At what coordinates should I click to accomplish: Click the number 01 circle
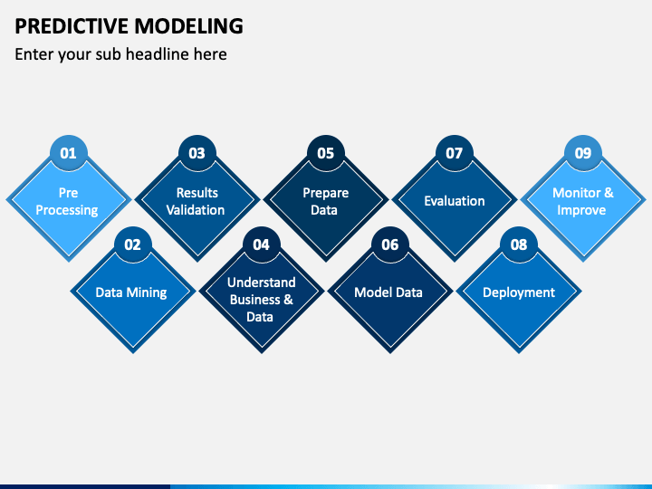tap(69, 153)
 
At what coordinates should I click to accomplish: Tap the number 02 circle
tap(133, 244)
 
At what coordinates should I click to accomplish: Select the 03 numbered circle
tap(197, 153)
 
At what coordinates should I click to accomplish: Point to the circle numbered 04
tap(262, 244)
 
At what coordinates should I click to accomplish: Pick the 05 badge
tap(326, 153)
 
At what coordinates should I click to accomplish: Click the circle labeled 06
tap(390, 244)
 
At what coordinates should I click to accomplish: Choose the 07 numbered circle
tap(455, 153)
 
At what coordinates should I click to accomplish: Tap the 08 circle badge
tap(519, 244)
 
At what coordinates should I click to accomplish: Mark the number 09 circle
tap(583, 153)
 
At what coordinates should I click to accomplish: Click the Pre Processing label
tap(67, 202)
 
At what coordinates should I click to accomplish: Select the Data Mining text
tap(131, 292)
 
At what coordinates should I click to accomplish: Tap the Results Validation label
tap(196, 201)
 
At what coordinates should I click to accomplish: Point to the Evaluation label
tap(455, 201)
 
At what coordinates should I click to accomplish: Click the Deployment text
tap(519, 292)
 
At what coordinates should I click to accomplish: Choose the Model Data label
tap(388, 292)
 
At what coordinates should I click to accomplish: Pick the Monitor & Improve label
tap(582, 202)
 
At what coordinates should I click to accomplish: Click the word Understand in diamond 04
tap(262, 283)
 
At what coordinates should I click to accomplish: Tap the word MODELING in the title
tap(188, 25)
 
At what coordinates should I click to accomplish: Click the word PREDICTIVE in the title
tap(72, 25)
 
